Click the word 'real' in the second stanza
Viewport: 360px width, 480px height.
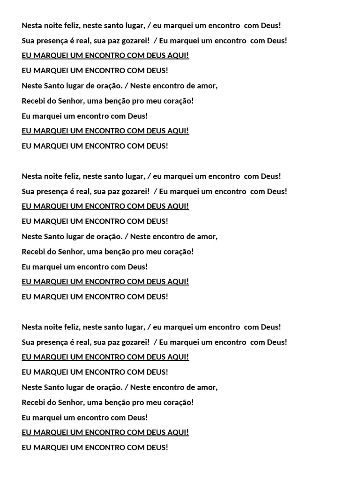click(82, 191)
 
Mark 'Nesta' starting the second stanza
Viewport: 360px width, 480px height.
click(32, 176)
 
